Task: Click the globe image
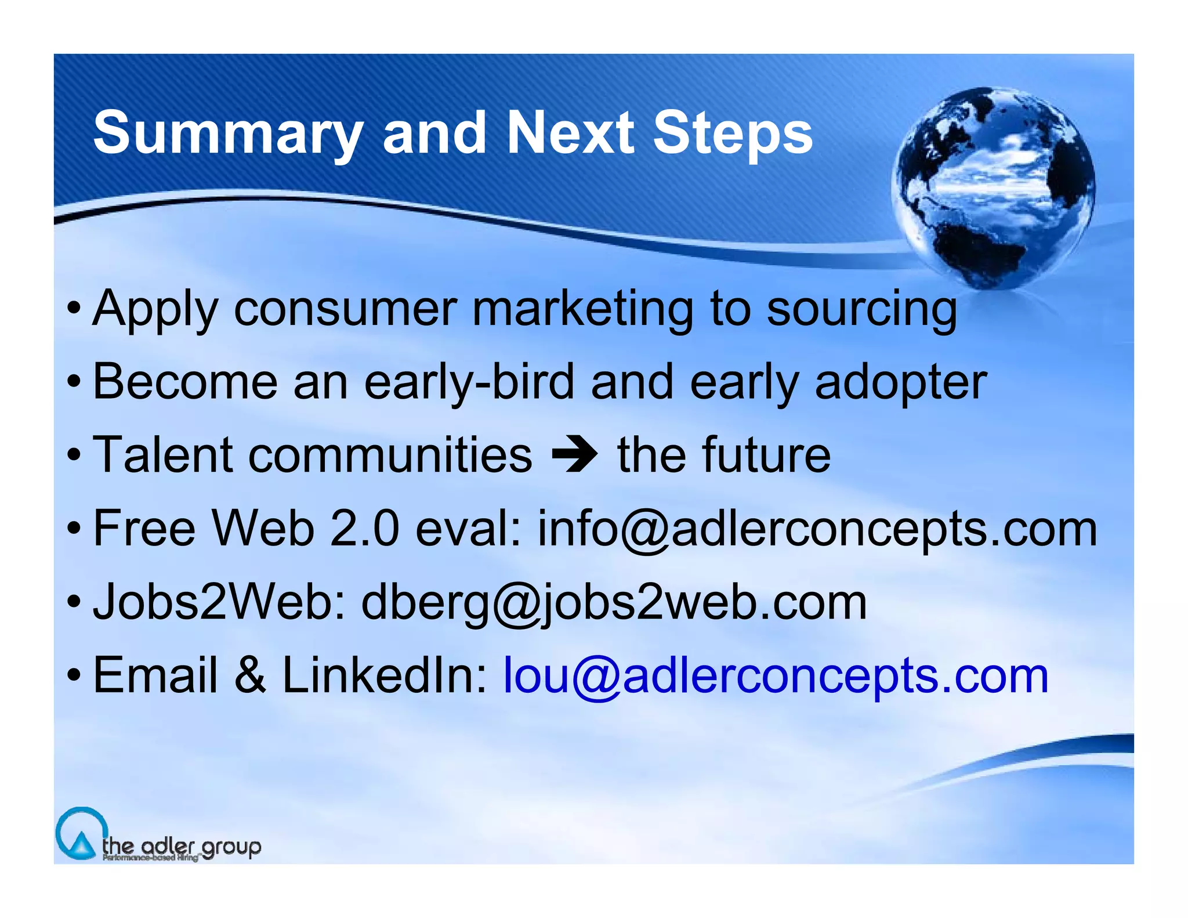pos(993,187)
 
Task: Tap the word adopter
pos(900,382)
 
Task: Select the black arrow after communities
pos(574,456)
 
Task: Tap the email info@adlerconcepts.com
pos(817,529)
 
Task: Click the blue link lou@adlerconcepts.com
pos(776,676)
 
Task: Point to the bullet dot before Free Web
pos(73,529)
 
